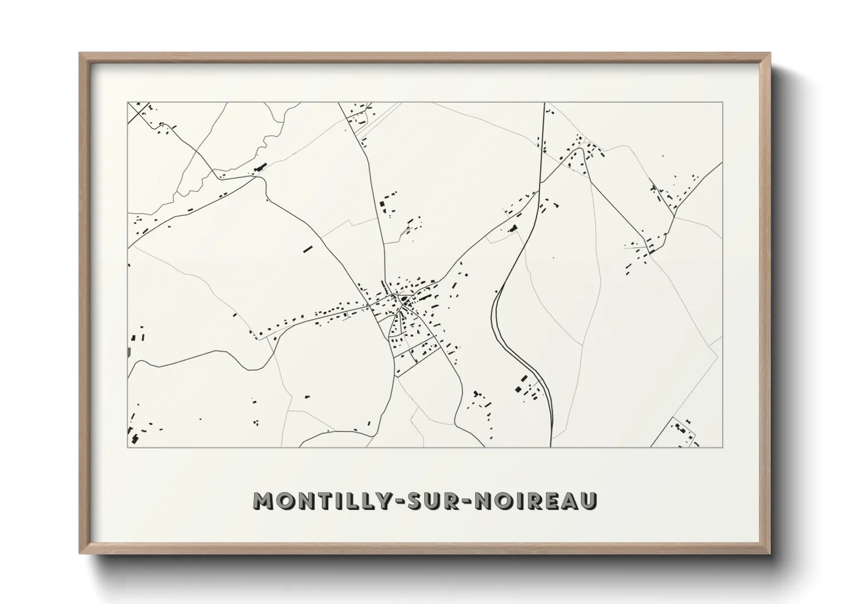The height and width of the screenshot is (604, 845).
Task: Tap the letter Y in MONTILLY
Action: click(x=376, y=501)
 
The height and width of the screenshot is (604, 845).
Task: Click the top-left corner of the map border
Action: click(x=128, y=103)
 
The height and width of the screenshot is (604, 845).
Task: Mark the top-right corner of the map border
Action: click(x=723, y=103)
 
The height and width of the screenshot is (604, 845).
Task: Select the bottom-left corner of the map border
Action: click(x=128, y=447)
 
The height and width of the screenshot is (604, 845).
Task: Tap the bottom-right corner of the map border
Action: click(x=723, y=447)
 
